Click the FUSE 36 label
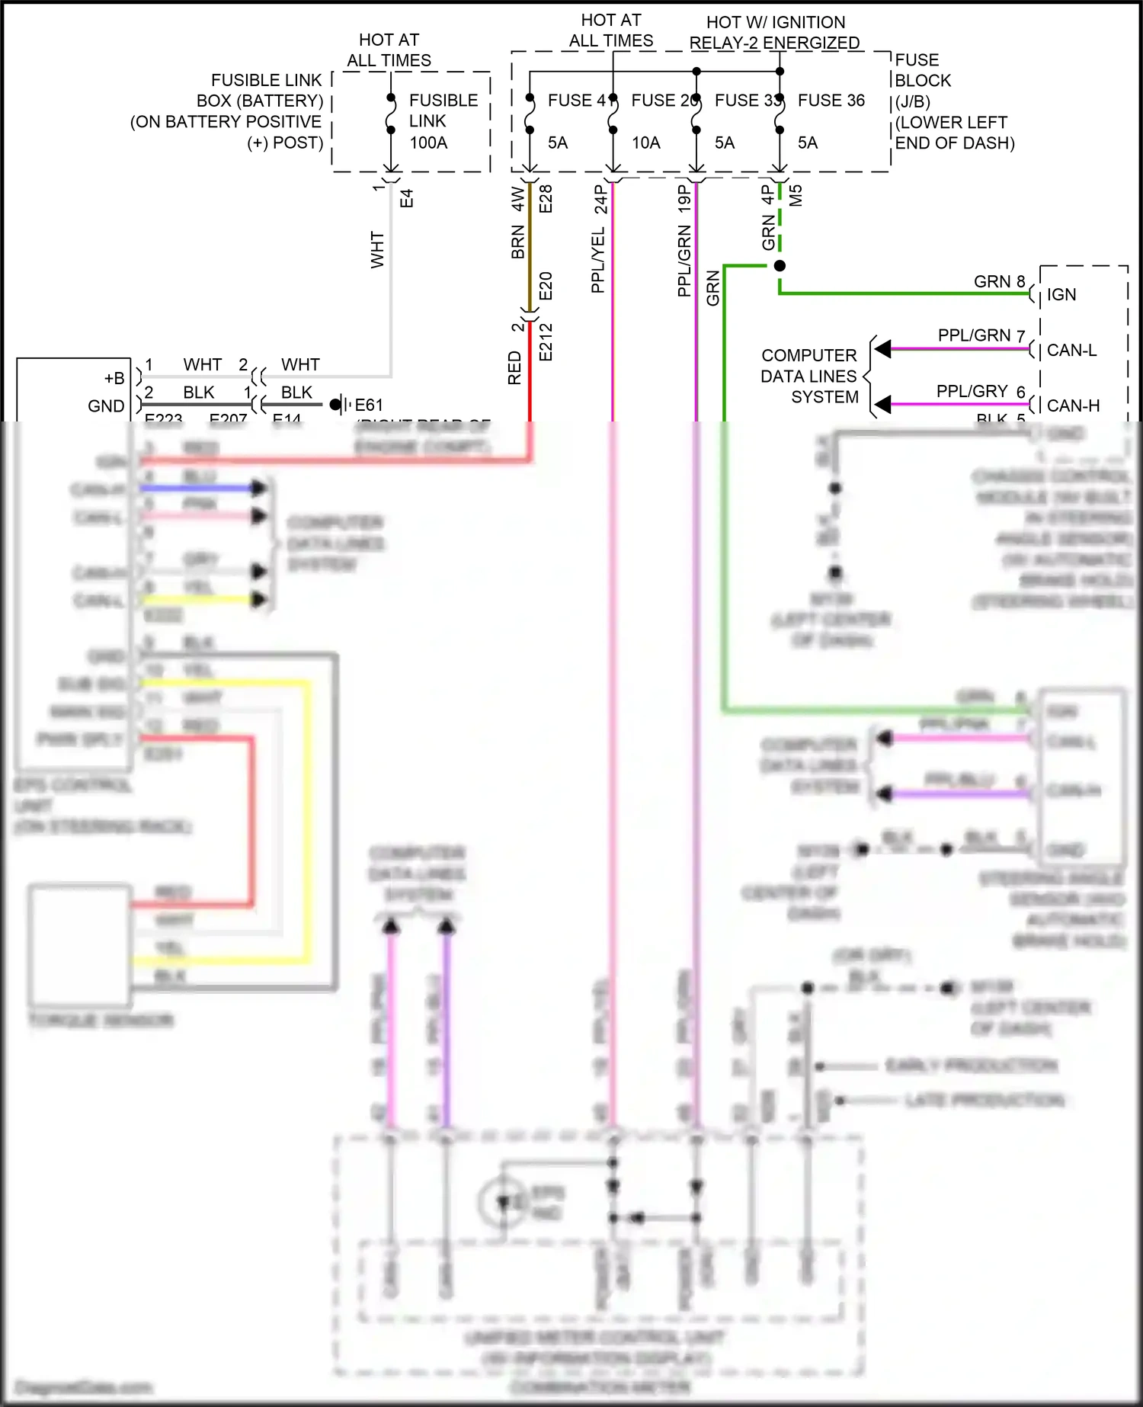831,101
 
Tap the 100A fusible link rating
428,143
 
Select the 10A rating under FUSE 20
645,143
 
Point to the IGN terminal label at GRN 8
1061,294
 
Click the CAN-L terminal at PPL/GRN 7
1071,350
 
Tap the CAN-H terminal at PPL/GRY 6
1073,405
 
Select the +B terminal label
114,378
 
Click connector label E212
546,341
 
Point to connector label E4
406,198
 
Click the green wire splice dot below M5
780,266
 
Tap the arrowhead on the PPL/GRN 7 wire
882,349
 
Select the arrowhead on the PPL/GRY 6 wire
882,405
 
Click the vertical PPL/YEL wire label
598,260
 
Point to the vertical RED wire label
514,367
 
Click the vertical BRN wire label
517,242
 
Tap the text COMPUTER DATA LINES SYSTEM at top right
809,376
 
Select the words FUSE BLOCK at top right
922,70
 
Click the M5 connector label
796,196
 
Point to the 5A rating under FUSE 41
558,143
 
